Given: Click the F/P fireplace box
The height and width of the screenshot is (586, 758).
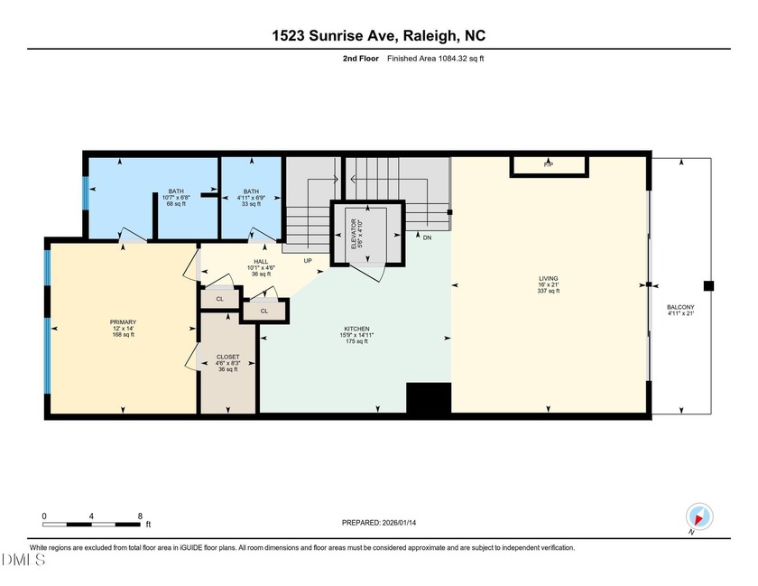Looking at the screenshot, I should click(x=549, y=166).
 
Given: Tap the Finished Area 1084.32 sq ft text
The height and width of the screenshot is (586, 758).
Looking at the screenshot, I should click(x=437, y=59).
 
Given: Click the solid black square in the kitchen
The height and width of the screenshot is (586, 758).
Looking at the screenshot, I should click(x=428, y=397).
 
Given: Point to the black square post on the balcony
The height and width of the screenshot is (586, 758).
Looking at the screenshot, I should click(x=708, y=286).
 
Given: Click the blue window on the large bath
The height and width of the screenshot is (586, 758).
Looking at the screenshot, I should click(x=87, y=191).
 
